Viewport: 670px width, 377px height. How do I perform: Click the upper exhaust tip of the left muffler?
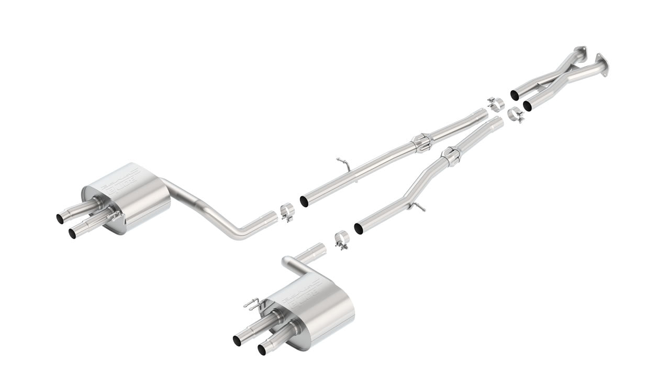point(61,218)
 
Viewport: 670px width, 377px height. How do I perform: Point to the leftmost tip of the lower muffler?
point(237,340)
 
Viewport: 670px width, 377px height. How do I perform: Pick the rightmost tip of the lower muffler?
point(262,349)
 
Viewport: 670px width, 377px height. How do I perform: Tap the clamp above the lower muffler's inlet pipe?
point(342,240)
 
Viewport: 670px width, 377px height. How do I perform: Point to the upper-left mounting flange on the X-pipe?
point(580,52)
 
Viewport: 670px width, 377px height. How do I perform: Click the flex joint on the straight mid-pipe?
point(421,142)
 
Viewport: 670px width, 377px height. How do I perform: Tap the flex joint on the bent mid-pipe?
point(450,155)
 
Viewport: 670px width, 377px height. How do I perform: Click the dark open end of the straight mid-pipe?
point(304,202)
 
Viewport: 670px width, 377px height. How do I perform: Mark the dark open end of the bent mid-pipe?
point(359,229)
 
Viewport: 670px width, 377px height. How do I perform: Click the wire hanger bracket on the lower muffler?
point(252,304)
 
